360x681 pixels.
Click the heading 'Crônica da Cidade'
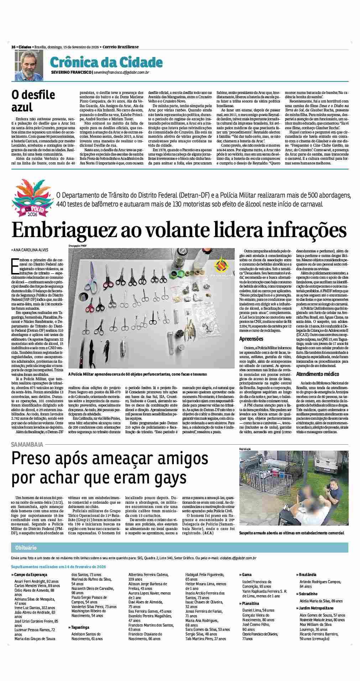click(106, 63)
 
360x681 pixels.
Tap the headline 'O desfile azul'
click(33, 101)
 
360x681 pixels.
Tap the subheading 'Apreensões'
click(251, 339)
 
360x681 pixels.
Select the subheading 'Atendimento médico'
click(318, 374)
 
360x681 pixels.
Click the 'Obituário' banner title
click(26, 548)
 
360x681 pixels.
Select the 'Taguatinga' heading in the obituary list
click(80, 627)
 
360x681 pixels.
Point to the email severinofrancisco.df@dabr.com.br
click(121, 73)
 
